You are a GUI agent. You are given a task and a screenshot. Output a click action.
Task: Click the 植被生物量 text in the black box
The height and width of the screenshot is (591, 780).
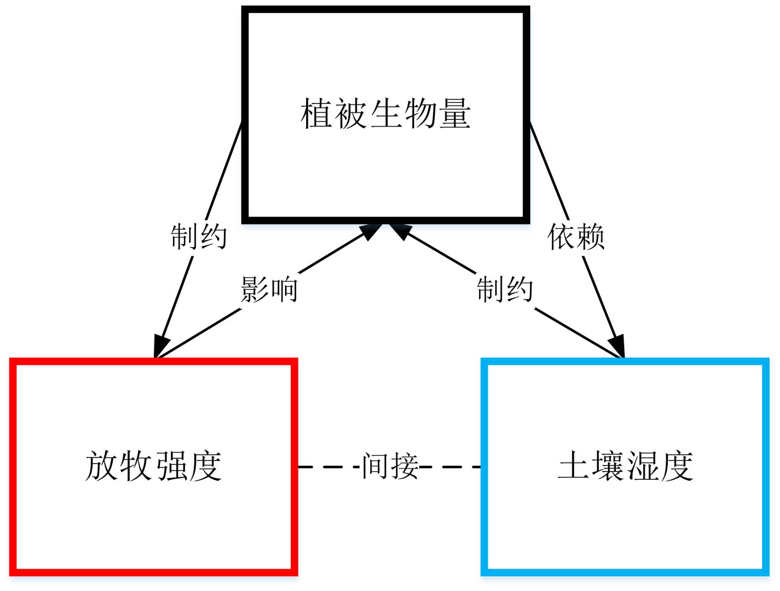click(x=385, y=114)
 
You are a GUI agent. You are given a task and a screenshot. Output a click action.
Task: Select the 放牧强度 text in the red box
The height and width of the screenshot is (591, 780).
click(x=153, y=466)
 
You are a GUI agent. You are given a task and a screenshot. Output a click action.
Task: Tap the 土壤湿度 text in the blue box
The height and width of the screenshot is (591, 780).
click(x=625, y=466)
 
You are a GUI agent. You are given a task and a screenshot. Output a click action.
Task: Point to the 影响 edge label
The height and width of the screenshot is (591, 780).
click(x=269, y=290)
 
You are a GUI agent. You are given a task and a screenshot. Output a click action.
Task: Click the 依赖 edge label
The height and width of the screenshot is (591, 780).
click(x=576, y=237)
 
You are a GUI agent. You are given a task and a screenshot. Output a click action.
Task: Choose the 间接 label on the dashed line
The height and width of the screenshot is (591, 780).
click(x=390, y=466)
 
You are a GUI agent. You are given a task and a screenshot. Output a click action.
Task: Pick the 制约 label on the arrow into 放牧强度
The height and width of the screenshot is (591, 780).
click(x=199, y=237)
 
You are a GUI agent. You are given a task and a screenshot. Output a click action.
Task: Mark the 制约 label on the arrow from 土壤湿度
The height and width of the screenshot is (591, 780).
click(x=505, y=290)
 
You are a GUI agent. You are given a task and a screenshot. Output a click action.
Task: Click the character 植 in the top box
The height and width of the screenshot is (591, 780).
click(x=316, y=114)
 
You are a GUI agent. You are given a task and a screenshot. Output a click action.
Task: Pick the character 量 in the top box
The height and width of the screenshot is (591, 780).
click(x=455, y=114)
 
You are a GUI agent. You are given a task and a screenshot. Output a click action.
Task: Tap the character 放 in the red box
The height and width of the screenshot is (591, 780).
click(x=101, y=466)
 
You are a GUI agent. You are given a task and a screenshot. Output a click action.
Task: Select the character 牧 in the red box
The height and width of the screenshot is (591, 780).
click(x=136, y=466)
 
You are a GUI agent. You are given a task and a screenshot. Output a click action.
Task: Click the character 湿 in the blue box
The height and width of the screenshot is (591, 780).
click(x=642, y=466)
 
